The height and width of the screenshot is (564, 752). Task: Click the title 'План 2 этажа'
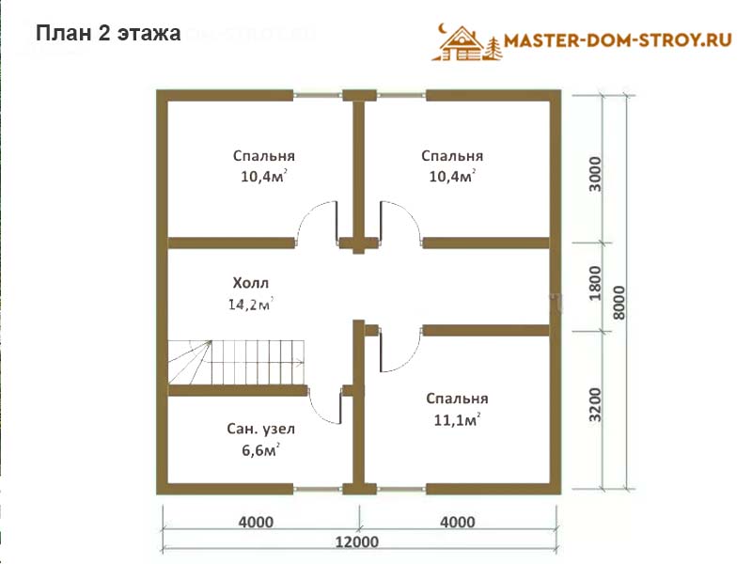108,34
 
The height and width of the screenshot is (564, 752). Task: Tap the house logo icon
466,43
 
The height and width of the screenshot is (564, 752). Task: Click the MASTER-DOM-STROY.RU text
618,39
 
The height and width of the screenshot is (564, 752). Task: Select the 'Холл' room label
250,283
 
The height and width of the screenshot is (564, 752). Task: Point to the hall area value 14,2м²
250,304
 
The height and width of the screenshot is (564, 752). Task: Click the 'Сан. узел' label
261,429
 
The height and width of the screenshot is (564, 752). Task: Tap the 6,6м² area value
261,450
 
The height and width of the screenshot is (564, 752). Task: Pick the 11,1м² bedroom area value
457,419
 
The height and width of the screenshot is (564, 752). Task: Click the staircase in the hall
237,363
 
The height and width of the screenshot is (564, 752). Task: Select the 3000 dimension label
594,174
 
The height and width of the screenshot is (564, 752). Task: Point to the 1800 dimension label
594,283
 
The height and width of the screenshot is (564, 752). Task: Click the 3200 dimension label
594,404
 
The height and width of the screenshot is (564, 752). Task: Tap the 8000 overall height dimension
619,303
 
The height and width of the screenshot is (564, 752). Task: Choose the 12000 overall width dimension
357,542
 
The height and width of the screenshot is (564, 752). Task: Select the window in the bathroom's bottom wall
318,489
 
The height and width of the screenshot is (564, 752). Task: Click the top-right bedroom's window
401,95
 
